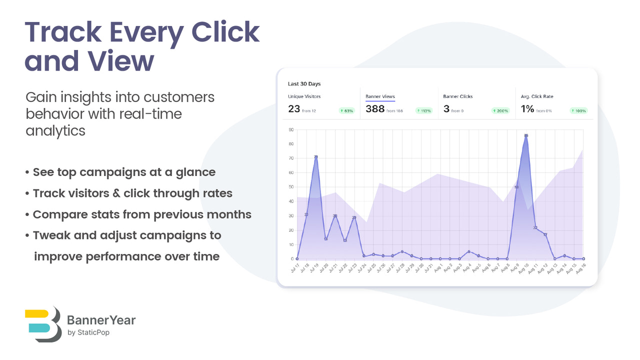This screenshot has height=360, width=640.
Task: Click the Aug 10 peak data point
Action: [x=526, y=135]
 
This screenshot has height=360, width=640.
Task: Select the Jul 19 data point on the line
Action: [x=316, y=157]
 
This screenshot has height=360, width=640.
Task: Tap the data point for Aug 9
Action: [x=516, y=187]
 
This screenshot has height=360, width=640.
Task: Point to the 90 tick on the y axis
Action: [x=291, y=130]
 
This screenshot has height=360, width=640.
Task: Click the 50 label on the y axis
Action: [x=291, y=187]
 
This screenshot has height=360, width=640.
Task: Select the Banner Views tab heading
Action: [x=380, y=96]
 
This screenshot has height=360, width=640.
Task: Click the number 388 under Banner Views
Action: [x=375, y=108]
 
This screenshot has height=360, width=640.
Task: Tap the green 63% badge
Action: [x=346, y=111]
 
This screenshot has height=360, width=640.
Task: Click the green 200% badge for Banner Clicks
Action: [x=500, y=111]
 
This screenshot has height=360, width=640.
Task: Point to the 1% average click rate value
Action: [x=527, y=108]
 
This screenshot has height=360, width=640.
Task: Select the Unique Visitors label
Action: [x=304, y=96]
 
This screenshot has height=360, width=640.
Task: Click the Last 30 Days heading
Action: [x=304, y=84]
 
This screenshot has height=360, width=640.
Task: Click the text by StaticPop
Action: [x=88, y=332]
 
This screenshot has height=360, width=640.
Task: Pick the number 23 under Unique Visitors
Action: [x=293, y=108]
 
